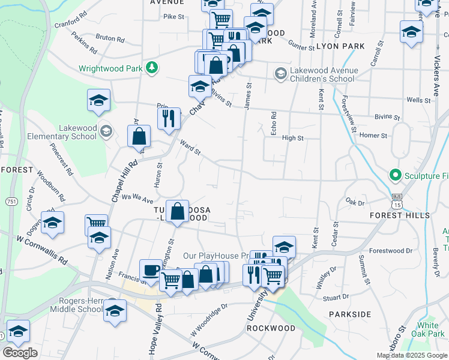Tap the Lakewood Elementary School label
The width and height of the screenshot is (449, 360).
[x=62, y=132]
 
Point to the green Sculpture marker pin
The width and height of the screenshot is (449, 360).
[x=396, y=175]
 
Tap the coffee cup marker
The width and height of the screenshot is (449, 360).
[x=150, y=271]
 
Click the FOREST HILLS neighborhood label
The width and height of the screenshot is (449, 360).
[x=399, y=215]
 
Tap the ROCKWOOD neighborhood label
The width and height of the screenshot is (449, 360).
[x=271, y=328]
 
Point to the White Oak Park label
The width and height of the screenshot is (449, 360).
[x=430, y=329]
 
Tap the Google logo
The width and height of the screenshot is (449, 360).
[x=20, y=353]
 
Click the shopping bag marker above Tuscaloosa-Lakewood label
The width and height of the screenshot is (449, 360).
[x=178, y=211]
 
